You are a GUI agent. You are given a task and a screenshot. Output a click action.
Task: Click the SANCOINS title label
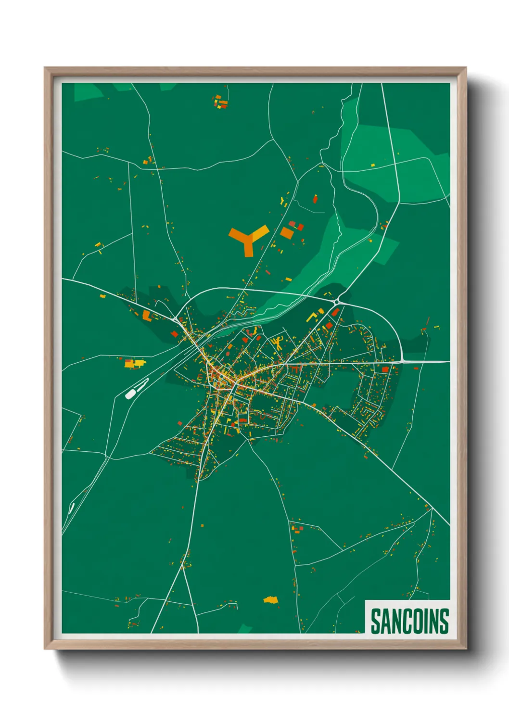409,621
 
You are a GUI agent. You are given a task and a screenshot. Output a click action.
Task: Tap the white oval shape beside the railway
130,394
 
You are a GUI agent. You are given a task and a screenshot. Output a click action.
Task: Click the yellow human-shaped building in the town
278,343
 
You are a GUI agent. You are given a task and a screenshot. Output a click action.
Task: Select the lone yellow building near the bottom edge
271,600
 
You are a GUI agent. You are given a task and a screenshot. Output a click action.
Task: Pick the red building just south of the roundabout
335,313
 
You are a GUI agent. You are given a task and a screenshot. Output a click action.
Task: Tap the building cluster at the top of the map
220,102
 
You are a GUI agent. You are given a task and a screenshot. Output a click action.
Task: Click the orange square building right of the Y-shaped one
287,233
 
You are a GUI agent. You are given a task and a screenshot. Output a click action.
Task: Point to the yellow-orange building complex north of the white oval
134,363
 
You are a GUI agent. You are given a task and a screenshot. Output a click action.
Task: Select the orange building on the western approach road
146,316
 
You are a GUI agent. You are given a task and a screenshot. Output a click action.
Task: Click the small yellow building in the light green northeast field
372,165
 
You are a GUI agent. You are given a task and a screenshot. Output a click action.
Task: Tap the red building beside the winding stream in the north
316,198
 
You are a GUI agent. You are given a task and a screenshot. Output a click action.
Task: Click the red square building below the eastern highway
385,369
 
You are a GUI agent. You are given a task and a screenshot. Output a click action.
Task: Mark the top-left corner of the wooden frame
45,68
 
